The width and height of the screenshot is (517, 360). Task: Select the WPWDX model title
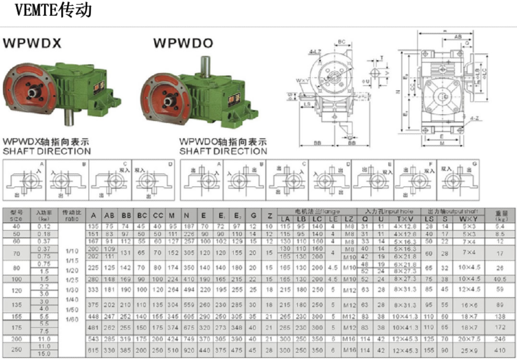(x=32, y=43)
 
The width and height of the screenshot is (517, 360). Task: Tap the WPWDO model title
(x=183, y=43)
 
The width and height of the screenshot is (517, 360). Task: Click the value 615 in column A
(x=94, y=350)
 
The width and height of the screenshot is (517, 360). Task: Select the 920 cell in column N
(x=187, y=350)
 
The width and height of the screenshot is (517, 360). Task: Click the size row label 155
(x=16, y=316)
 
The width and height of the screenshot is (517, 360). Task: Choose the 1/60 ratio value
(x=72, y=320)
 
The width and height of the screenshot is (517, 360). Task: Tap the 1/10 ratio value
(x=72, y=251)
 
